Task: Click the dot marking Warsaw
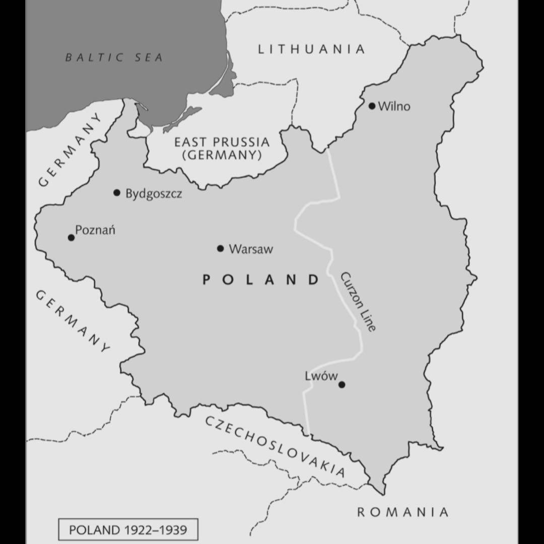[220, 248]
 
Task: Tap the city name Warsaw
[251, 249]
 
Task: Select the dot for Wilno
[372, 106]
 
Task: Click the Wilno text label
[394, 106]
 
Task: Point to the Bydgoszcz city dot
[117, 192]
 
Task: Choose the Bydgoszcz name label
[154, 193]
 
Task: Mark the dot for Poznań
[71, 237]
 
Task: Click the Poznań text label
[95, 230]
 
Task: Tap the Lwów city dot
[342, 385]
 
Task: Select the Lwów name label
[321, 376]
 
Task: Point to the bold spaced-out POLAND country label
[261, 280]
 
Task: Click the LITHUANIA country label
[311, 49]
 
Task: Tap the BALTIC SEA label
[114, 57]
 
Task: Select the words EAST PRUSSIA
[222, 142]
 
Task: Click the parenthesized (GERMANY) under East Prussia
[222, 155]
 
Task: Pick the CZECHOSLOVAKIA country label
[275, 446]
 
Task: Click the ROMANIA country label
[402, 512]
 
